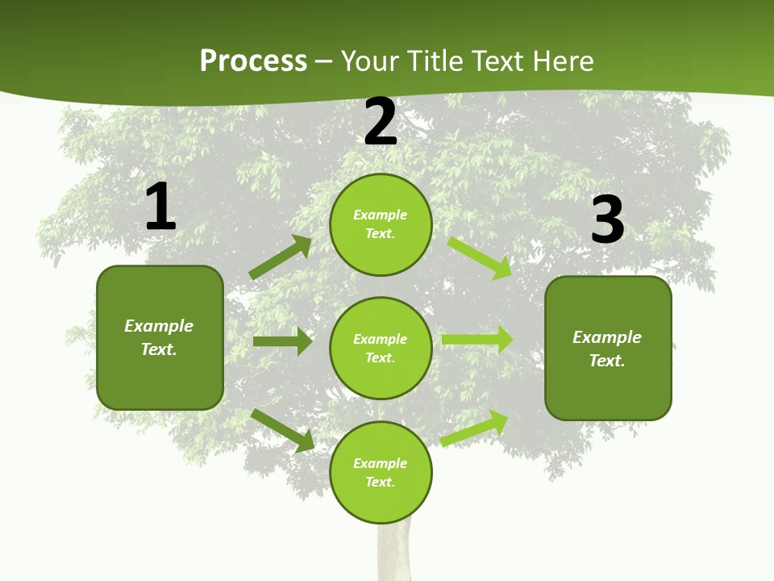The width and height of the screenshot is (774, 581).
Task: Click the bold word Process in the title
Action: pos(253,61)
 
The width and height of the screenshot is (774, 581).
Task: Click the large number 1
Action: pos(160,207)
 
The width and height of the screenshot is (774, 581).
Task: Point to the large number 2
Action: pos(381,123)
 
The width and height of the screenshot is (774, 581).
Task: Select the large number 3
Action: pos(607,220)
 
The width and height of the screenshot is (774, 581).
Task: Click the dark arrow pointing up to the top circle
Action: pos(281,257)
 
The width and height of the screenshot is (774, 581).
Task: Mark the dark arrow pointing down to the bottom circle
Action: pos(282,429)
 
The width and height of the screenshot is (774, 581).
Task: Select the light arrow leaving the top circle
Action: pos(480,257)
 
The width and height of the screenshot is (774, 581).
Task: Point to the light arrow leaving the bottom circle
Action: pos(474,428)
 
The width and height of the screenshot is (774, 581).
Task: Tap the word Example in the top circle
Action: pos(381,215)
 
